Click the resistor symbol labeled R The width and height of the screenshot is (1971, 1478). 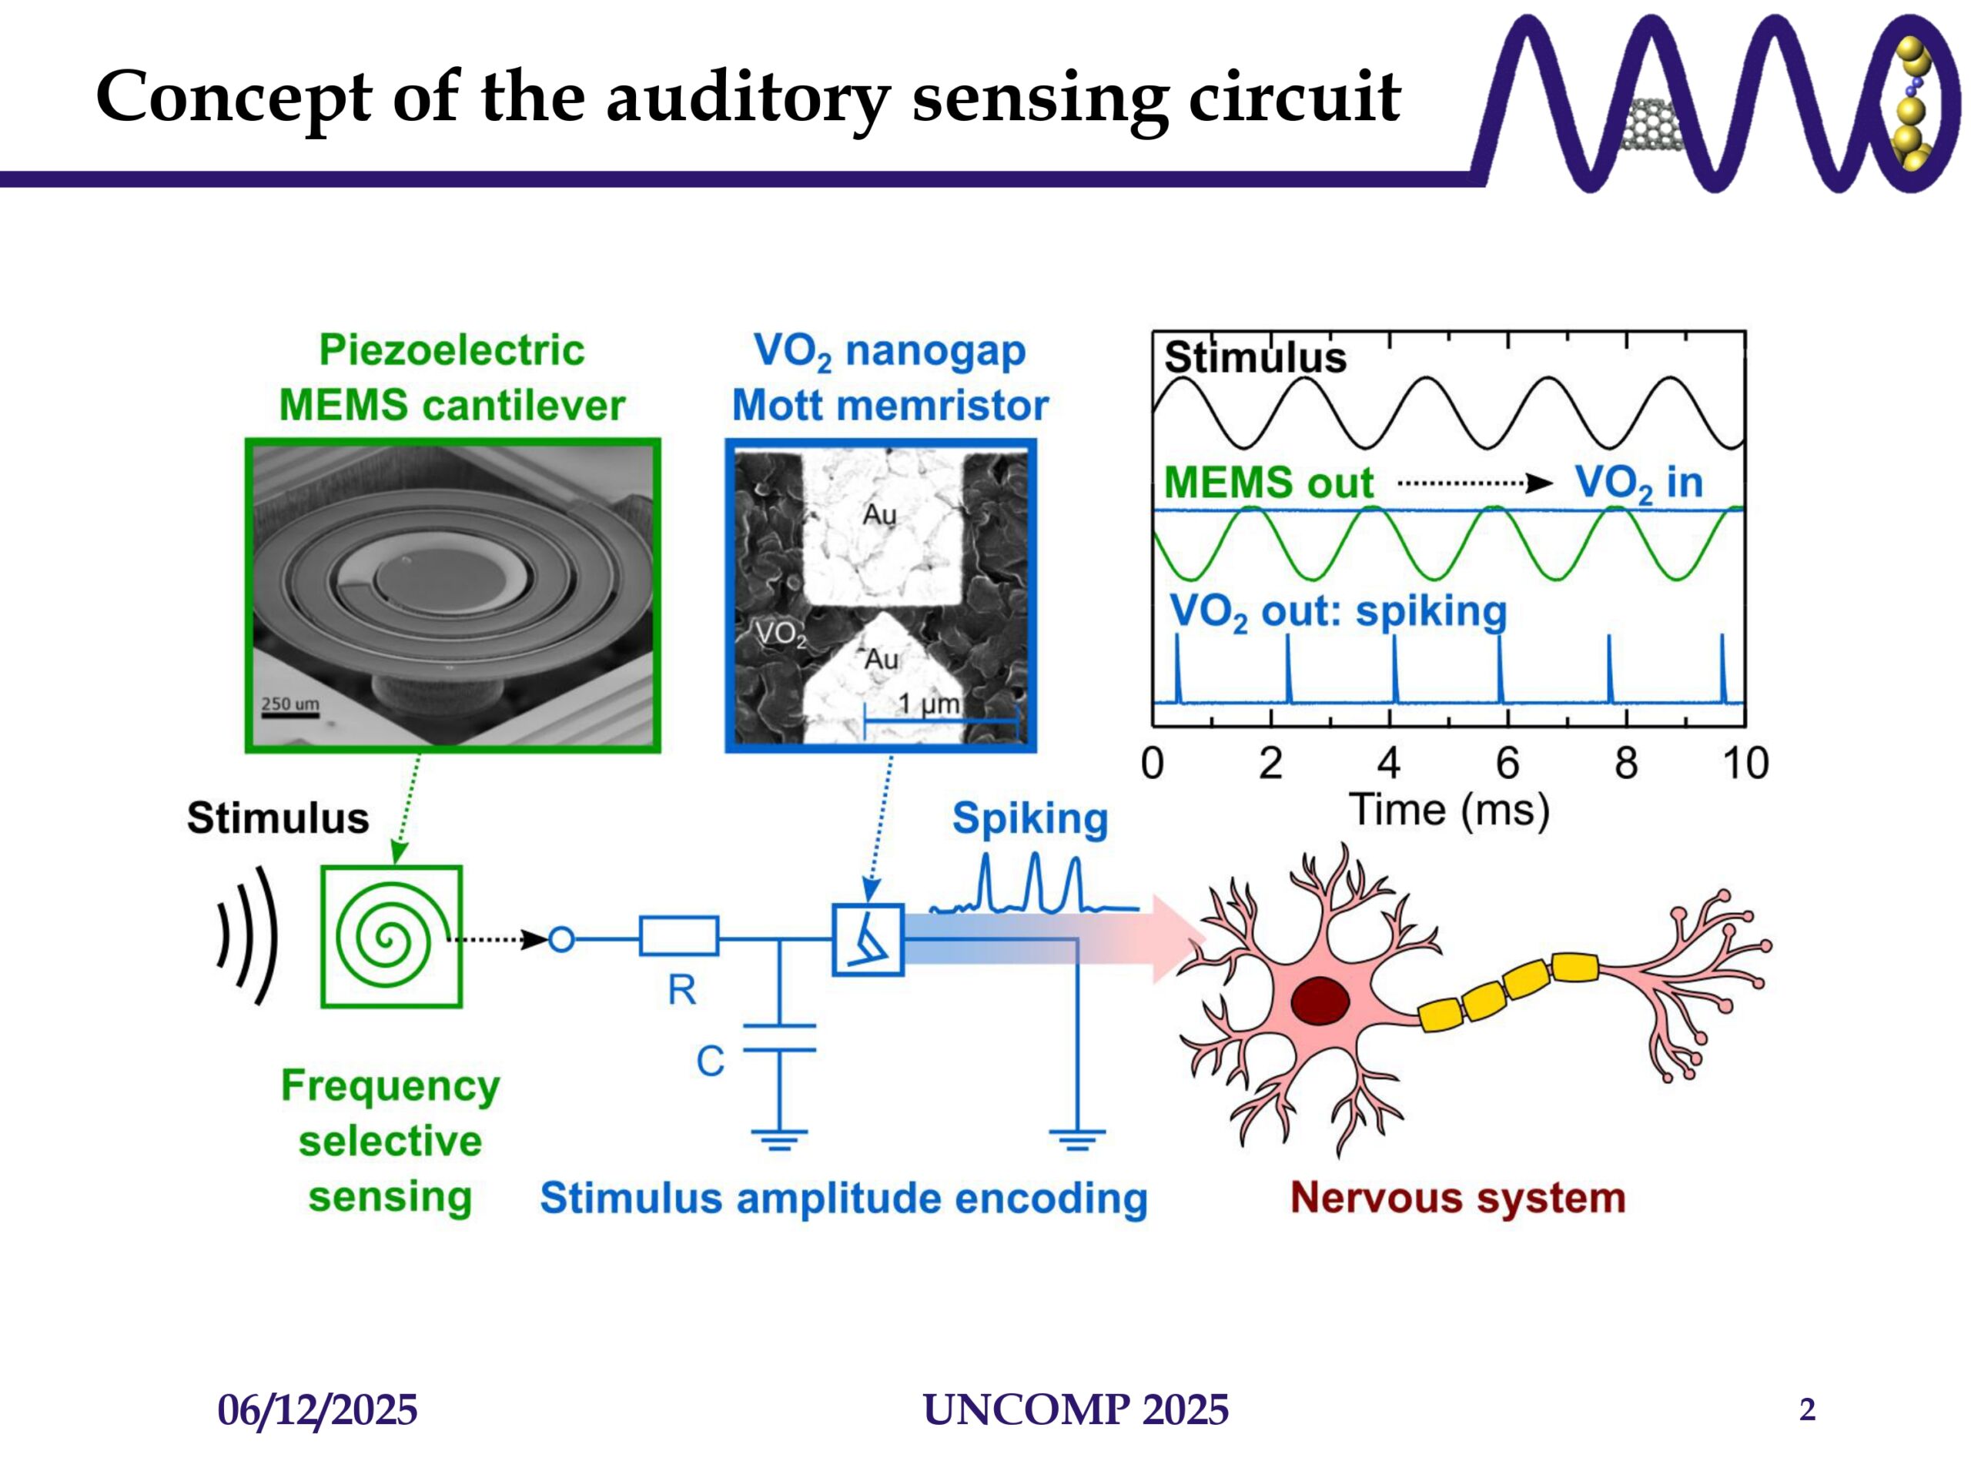pos(679,936)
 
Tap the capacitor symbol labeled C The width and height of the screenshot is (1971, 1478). pos(780,1038)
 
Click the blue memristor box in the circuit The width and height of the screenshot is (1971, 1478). pos(868,940)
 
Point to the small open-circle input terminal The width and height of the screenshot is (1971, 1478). pos(561,939)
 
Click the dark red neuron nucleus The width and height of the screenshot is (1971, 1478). pos(1320,1001)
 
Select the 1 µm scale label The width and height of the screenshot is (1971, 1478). pos(929,704)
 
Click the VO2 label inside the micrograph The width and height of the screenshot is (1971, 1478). pos(781,634)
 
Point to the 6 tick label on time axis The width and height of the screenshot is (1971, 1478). pos(1507,764)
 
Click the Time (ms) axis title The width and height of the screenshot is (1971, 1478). pos(1450,810)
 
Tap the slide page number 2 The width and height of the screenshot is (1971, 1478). pos(1807,1409)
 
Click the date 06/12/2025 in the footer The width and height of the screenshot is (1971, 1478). pos(317,1410)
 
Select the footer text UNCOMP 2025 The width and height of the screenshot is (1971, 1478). pos(1076,1409)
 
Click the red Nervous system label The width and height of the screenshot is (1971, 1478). pos(1457,1197)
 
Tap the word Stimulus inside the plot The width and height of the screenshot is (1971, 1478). pos(1255,357)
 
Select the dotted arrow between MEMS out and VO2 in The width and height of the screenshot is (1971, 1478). pos(1474,483)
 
